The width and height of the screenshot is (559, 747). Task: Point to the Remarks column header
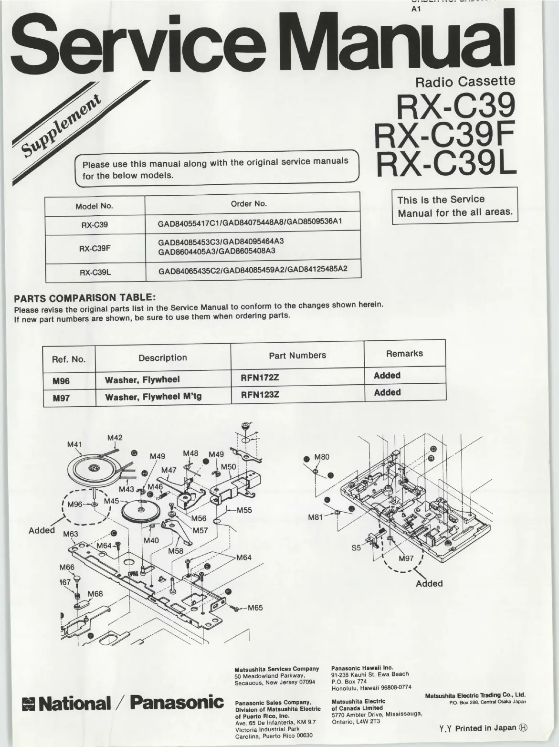404,353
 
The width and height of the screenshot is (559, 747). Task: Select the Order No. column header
248,204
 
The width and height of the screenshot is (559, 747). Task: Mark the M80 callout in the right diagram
322,457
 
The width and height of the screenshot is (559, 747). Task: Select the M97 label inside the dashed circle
406,558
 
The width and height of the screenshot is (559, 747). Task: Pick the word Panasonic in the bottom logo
177,702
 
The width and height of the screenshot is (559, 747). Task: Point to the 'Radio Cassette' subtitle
465,82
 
